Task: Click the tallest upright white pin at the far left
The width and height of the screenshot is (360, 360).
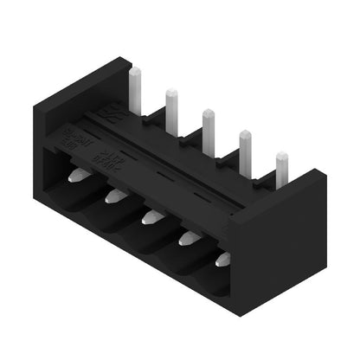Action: click(135, 86)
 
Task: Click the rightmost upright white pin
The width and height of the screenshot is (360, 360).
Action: click(281, 169)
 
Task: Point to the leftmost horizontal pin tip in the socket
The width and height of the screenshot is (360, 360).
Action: click(77, 176)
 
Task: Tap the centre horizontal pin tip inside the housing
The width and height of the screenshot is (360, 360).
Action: click(151, 216)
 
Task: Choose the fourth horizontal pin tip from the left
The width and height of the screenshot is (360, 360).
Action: click(187, 237)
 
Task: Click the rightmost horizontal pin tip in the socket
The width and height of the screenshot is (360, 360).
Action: click(224, 258)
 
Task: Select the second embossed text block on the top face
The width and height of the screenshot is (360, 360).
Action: click(111, 158)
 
